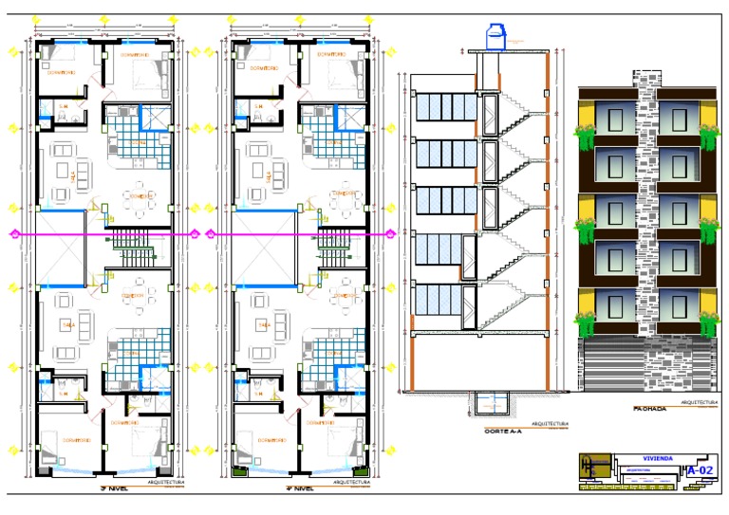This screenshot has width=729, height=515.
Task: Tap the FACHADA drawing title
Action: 650,410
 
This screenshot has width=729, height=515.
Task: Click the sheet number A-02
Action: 701,469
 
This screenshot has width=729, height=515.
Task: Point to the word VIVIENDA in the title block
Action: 656,458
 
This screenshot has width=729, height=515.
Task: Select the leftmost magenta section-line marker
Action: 12,233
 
